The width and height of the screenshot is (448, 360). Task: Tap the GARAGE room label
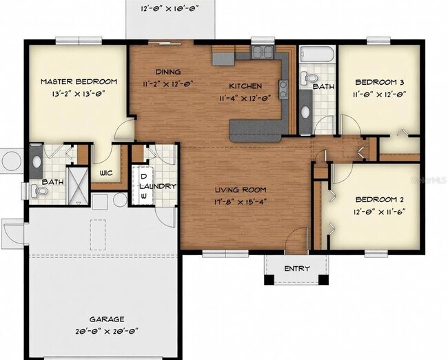coord(106,319)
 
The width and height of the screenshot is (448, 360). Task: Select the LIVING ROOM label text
coord(240,190)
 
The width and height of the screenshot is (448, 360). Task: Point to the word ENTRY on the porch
coord(297,268)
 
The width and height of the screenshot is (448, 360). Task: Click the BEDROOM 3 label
coord(378,81)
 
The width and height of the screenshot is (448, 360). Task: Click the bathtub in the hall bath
coord(318,55)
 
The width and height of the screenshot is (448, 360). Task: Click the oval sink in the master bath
coord(36,163)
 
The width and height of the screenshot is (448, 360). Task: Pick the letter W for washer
coord(143,196)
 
